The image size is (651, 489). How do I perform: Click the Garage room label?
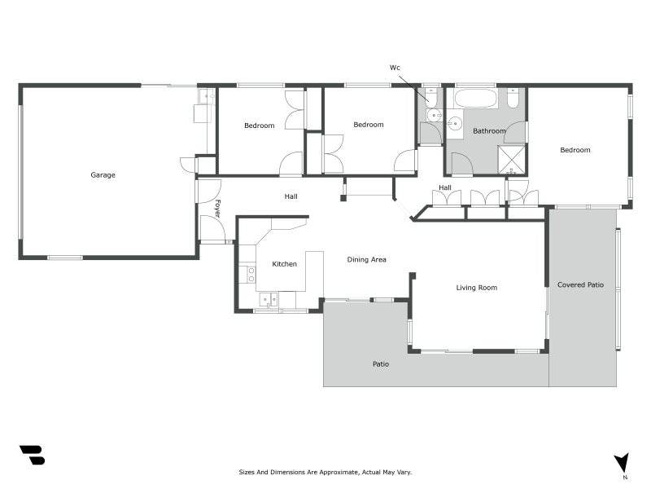(103, 175)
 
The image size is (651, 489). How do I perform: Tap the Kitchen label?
(284, 264)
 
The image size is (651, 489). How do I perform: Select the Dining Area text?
(367, 259)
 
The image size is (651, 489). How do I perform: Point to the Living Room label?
(477, 288)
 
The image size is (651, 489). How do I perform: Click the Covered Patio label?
(580, 284)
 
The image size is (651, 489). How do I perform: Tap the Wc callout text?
(395, 68)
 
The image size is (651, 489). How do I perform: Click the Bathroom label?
(490, 131)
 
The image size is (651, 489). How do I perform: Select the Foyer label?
(217, 209)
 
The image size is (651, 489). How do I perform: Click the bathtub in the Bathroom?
(476, 99)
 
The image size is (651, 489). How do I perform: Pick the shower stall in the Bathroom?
(512, 159)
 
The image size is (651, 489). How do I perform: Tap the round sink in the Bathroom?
(456, 124)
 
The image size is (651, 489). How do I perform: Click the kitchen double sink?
(269, 300)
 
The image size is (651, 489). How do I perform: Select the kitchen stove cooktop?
(251, 275)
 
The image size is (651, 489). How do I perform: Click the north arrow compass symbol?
(623, 464)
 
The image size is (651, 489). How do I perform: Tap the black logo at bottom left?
(33, 455)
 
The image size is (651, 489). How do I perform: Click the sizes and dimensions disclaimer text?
(325, 472)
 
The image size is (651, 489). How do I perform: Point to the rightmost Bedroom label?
(575, 150)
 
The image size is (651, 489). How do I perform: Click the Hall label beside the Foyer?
(291, 196)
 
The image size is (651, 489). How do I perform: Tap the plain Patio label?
(381, 364)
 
